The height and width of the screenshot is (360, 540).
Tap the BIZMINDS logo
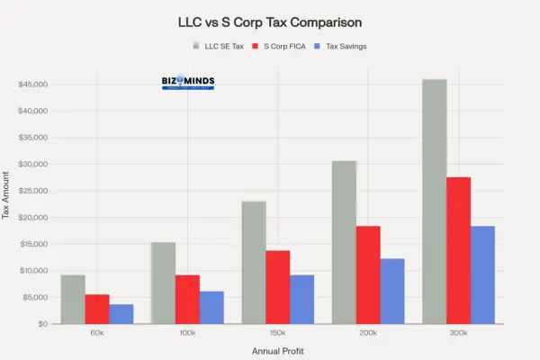click(x=187, y=83)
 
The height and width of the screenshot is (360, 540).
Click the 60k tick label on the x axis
click(x=97, y=334)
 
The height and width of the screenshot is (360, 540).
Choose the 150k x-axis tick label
click(x=277, y=334)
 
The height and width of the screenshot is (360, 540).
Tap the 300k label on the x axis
click(x=458, y=334)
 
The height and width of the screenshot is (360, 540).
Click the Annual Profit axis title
click(x=277, y=350)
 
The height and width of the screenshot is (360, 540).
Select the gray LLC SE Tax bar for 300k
click(x=434, y=202)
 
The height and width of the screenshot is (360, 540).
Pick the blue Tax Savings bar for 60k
click(x=121, y=314)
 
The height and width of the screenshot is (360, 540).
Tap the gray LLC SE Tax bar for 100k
click(x=163, y=283)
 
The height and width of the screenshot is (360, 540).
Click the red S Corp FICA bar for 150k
click(x=277, y=287)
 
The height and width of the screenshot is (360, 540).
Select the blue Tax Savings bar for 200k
click(x=392, y=291)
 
